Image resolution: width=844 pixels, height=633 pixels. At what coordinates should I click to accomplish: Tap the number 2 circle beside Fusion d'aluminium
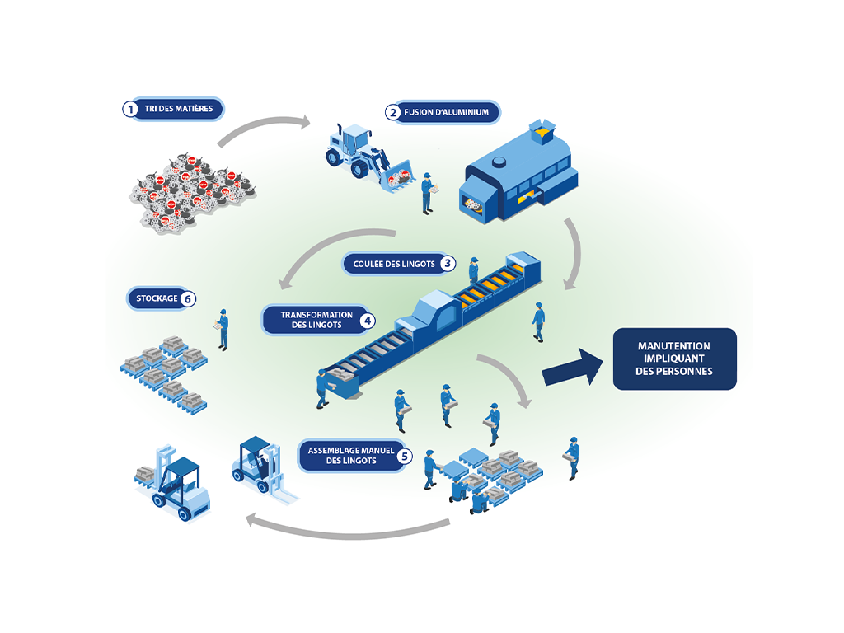(394, 113)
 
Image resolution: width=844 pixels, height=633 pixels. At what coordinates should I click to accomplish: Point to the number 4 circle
(367, 320)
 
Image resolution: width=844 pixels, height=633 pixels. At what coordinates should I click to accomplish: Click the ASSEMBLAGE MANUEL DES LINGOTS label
(346, 455)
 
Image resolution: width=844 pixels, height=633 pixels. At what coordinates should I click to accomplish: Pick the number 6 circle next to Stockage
(188, 298)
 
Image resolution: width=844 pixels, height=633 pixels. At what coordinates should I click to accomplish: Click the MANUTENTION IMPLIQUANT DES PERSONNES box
(674, 359)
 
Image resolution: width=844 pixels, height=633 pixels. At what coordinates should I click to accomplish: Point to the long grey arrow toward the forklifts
(346, 529)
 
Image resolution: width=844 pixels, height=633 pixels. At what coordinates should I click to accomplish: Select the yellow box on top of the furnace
(542, 129)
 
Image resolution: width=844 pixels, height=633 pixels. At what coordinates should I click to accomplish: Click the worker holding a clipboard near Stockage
(222, 328)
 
